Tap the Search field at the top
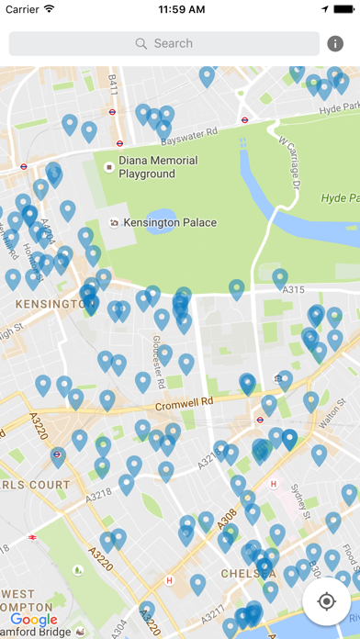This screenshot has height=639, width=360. (164, 43)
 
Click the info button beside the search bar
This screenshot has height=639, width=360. (336, 43)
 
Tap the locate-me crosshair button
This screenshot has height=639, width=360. (326, 601)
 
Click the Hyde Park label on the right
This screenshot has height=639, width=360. (340, 198)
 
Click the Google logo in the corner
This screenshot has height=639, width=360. (34, 621)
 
